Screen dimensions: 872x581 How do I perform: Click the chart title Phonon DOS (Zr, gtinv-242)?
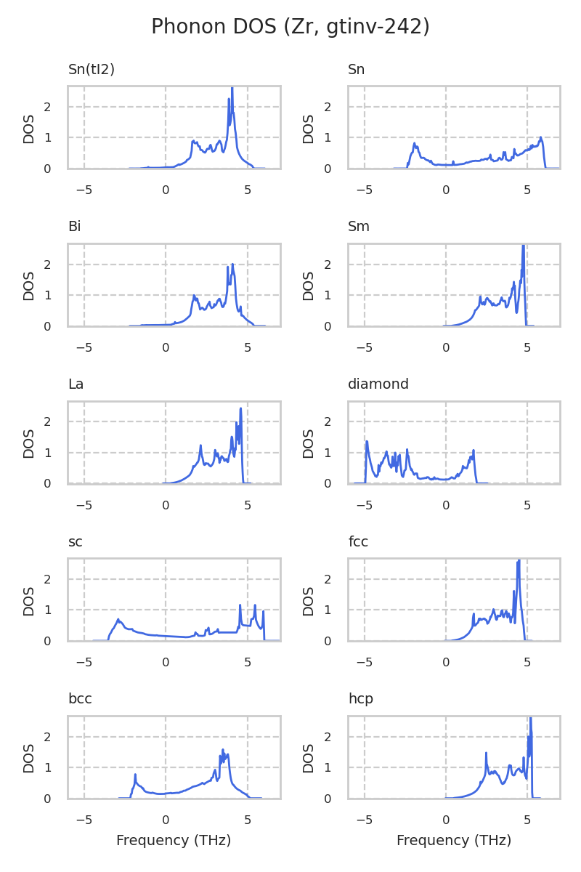pyautogui.click(x=290, y=27)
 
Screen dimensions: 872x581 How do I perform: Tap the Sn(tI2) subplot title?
pyautogui.click(x=92, y=70)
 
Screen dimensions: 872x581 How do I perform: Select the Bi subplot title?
pyautogui.click(x=74, y=227)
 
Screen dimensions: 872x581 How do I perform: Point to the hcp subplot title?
pyautogui.click(x=360, y=699)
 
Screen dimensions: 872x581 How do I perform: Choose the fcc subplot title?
pyautogui.click(x=359, y=542)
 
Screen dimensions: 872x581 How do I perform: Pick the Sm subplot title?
pyautogui.click(x=359, y=227)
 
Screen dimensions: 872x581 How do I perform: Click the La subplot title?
pyautogui.click(x=76, y=384)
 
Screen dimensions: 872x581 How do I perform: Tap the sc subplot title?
pyautogui.click(x=75, y=542)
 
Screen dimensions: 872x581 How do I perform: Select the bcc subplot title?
pyautogui.click(x=80, y=699)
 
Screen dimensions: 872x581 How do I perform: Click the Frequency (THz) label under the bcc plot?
pyautogui.click(x=174, y=841)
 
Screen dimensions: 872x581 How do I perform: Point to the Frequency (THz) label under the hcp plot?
pyautogui.click(x=454, y=841)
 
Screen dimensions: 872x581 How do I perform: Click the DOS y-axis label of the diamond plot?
pyautogui.click(x=309, y=443)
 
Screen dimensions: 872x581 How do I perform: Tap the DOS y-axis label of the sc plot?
pyautogui.click(x=29, y=601)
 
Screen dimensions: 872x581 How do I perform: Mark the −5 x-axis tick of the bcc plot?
pyautogui.click(x=84, y=820)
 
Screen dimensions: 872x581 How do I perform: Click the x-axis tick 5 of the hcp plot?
pyautogui.click(x=527, y=820)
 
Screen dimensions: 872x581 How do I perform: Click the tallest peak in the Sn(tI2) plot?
pyautogui.click(x=232, y=89)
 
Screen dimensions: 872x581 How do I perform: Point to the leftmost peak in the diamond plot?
pyautogui.click(x=367, y=441)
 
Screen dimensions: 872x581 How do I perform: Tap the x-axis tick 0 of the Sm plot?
pyautogui.click(x=446, y=347)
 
